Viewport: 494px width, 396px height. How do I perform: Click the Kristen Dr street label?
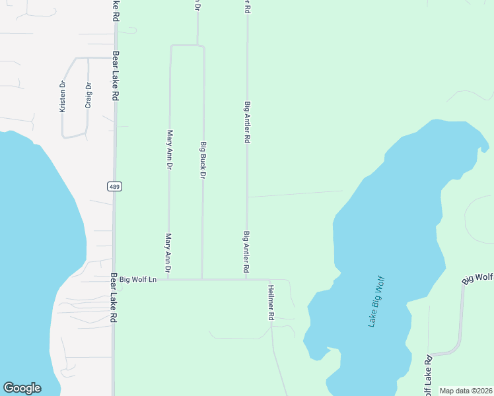pos(63,96)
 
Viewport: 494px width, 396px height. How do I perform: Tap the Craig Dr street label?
pos(87,95)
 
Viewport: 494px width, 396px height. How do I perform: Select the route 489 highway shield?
pos(114,187)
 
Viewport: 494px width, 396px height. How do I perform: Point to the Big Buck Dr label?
pos(203,159)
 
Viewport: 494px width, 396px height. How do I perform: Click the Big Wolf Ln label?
pos(137,279)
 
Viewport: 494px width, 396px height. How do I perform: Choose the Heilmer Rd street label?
pos(271,302)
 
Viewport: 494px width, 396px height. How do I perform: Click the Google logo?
pos(22,388)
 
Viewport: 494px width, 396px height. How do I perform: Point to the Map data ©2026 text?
pos(466,391)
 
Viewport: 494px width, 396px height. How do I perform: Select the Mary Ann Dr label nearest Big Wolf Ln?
pos(168,253)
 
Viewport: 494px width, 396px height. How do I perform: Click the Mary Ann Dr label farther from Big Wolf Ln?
pos(170,149)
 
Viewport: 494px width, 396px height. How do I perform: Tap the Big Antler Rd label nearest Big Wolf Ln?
pos(246,252)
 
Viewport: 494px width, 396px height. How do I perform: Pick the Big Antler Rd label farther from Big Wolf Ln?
pos(247,122)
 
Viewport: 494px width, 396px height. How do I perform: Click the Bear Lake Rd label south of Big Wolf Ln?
pos(114,298)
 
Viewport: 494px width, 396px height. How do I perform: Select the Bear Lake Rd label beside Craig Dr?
pos(116,75)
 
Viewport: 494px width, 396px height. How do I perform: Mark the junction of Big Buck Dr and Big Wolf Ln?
pos(201,279)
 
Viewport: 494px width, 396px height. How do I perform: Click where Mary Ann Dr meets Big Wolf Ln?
pos(168,279)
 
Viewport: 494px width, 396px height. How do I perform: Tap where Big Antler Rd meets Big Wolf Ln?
pos(246,279)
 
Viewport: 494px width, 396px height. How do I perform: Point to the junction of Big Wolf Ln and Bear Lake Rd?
pos(114,279)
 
